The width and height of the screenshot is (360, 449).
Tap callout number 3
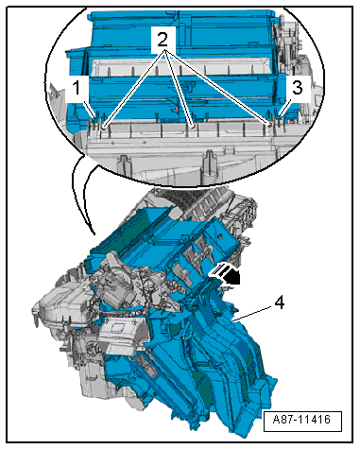(296, 88)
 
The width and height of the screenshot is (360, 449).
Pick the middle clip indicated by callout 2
(192, 123)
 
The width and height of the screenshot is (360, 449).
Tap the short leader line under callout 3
(287, 104)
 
